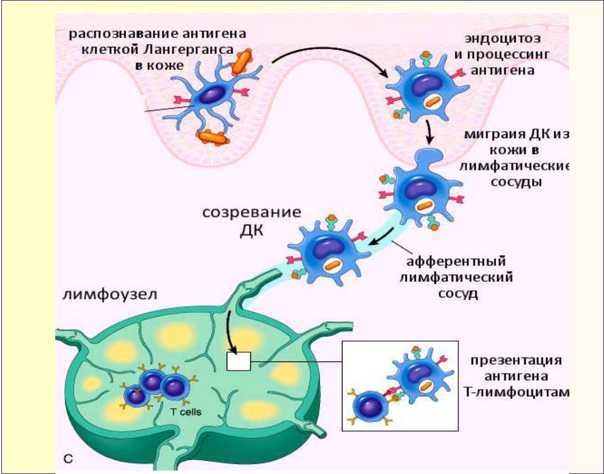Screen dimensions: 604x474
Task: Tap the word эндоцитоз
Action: coord(503,38)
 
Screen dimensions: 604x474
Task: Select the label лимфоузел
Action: coord(110,294)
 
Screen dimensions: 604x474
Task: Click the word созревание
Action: coord(252,213)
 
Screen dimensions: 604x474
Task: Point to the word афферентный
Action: coord(456,261)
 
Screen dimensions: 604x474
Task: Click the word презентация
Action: coord(516,360)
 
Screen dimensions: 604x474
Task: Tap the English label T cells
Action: coord(186,411)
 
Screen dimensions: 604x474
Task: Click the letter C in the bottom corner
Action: coord(67,459)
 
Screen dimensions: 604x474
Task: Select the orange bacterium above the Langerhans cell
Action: coord(241,61)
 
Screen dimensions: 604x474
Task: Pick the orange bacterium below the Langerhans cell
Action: coord(212,138)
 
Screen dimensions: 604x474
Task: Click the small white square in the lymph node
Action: coord(239,361)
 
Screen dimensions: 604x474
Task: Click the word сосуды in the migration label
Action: coord(516,182)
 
